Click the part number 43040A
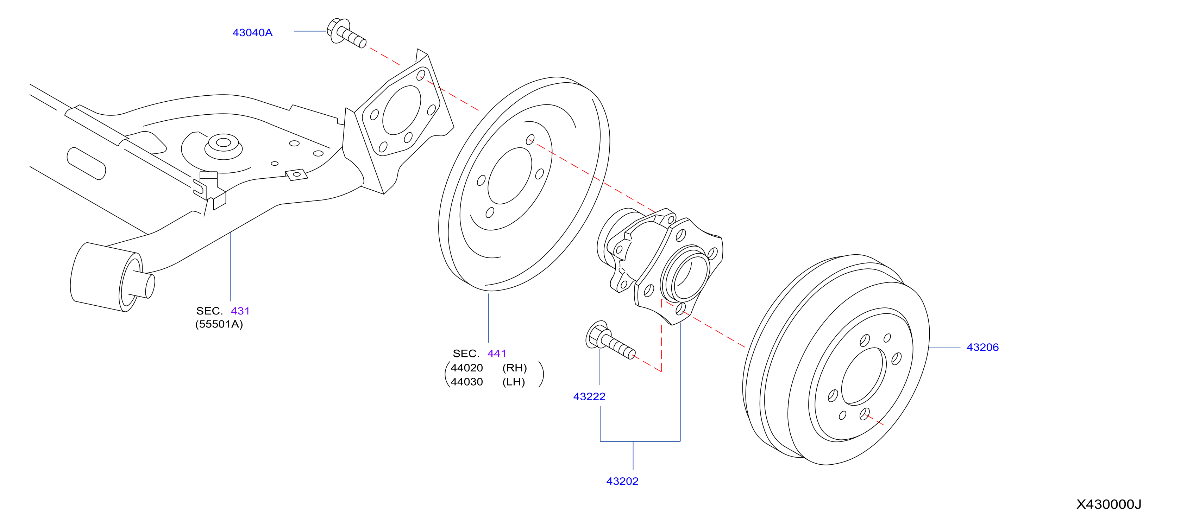point(252,33)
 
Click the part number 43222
point(589,397)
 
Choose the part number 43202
point(622,482)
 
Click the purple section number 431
point(240,311)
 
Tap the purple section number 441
point(497,354)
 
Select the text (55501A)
point(219,325)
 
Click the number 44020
point(467,368)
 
